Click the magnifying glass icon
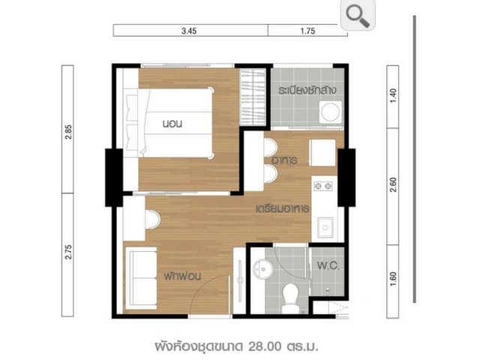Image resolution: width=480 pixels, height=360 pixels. tap(358, 15)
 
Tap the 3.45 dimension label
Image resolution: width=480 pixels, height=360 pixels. tap(189, 31)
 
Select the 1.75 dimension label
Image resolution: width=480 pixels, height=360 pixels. tap(307, 31)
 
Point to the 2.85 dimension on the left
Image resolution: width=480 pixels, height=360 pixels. tap(68, 132)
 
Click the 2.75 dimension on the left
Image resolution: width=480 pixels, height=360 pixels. tap(68, 252)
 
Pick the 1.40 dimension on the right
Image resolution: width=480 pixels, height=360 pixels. tap(393, 96)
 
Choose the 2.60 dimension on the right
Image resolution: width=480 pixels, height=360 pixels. tap(393, 185)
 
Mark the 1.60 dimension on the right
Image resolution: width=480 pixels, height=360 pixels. tap(393, 279)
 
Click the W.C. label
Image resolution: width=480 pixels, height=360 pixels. tap(328, 265)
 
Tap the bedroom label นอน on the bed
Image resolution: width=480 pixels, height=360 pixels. tap(172, 124)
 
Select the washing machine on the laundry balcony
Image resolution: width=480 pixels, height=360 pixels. tap(331, 112)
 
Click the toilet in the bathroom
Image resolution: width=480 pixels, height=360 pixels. tap(290, 299)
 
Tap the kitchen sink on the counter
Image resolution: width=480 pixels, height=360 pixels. tap(325, 227)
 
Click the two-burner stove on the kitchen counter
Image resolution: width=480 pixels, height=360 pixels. tap(323, 185)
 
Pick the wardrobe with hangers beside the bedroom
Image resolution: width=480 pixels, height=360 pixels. tap(252, 97)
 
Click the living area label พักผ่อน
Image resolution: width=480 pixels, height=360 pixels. tap(182, 276)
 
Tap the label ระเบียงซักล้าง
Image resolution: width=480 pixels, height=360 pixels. tap(307, 90)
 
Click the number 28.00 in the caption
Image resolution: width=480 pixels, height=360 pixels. tap(265, 346)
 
